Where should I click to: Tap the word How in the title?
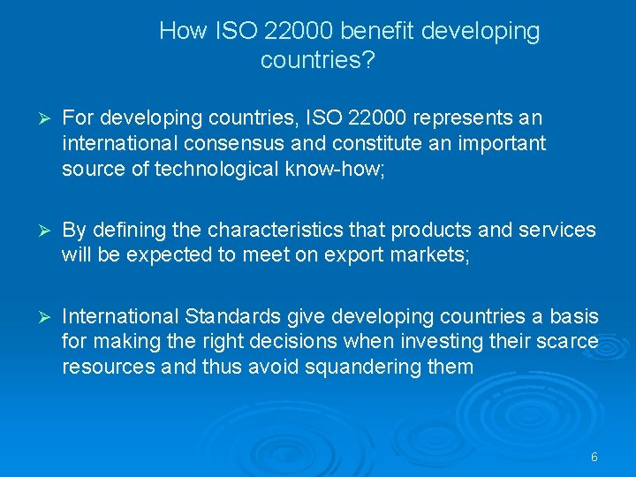coord(183,32)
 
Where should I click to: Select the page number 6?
coord(594,457)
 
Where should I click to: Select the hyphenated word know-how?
coord(339,168)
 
